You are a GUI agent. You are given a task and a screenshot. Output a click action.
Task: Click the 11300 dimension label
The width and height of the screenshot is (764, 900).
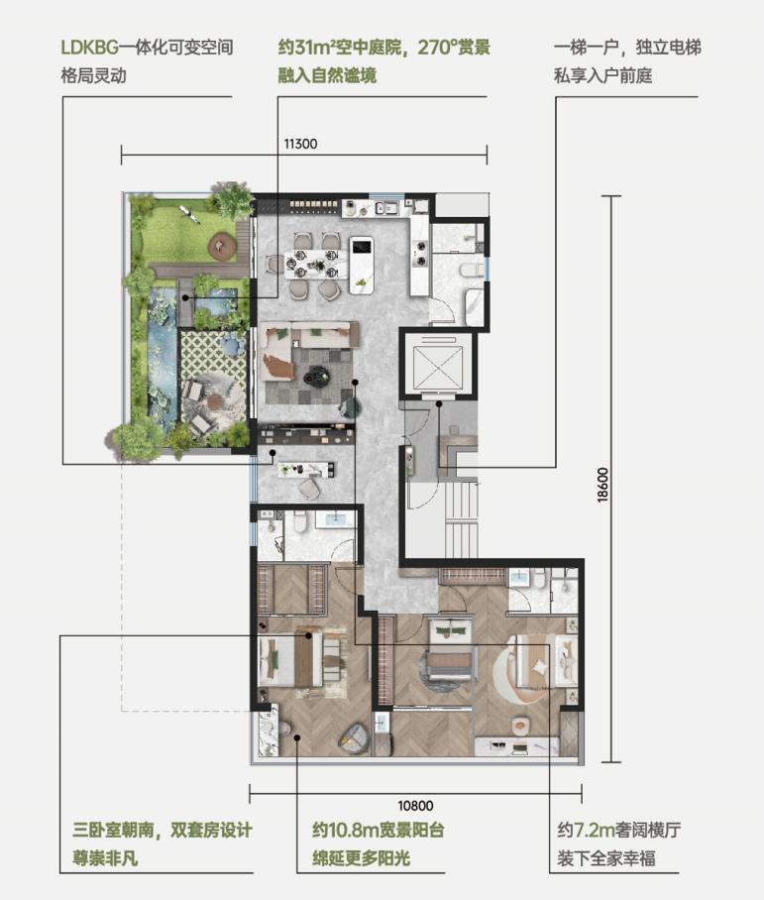coord(300,144)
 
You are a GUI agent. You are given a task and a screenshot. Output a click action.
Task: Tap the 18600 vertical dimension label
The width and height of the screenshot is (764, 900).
coord(602,485)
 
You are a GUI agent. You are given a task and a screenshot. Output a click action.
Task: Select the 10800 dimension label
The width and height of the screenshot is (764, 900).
coord(415,806)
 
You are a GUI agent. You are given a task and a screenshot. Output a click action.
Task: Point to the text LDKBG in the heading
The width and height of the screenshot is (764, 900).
coord(89,47)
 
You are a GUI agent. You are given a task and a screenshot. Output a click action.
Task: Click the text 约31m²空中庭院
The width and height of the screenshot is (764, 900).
coord(340,47)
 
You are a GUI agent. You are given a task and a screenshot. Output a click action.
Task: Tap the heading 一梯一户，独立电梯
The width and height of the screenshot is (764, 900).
coord(627,47)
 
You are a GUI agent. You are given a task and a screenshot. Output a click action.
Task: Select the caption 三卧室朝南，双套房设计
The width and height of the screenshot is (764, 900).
coord(163,830)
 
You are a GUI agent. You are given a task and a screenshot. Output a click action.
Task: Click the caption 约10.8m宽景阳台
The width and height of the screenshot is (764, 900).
coord(379,830)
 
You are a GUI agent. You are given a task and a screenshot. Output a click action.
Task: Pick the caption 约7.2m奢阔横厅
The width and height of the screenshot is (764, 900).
coord(618,830)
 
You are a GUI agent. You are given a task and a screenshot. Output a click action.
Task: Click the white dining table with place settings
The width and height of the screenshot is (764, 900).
coord(316,265)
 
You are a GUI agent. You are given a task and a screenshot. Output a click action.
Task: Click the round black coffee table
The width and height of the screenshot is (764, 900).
coord(316,377)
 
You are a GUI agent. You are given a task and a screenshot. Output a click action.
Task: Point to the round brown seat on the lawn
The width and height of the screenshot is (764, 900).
coord(222,246)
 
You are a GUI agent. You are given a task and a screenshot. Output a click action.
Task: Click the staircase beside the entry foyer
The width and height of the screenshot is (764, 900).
coord(461,519)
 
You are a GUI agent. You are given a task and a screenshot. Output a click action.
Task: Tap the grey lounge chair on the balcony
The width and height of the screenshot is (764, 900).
coord(354,739)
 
